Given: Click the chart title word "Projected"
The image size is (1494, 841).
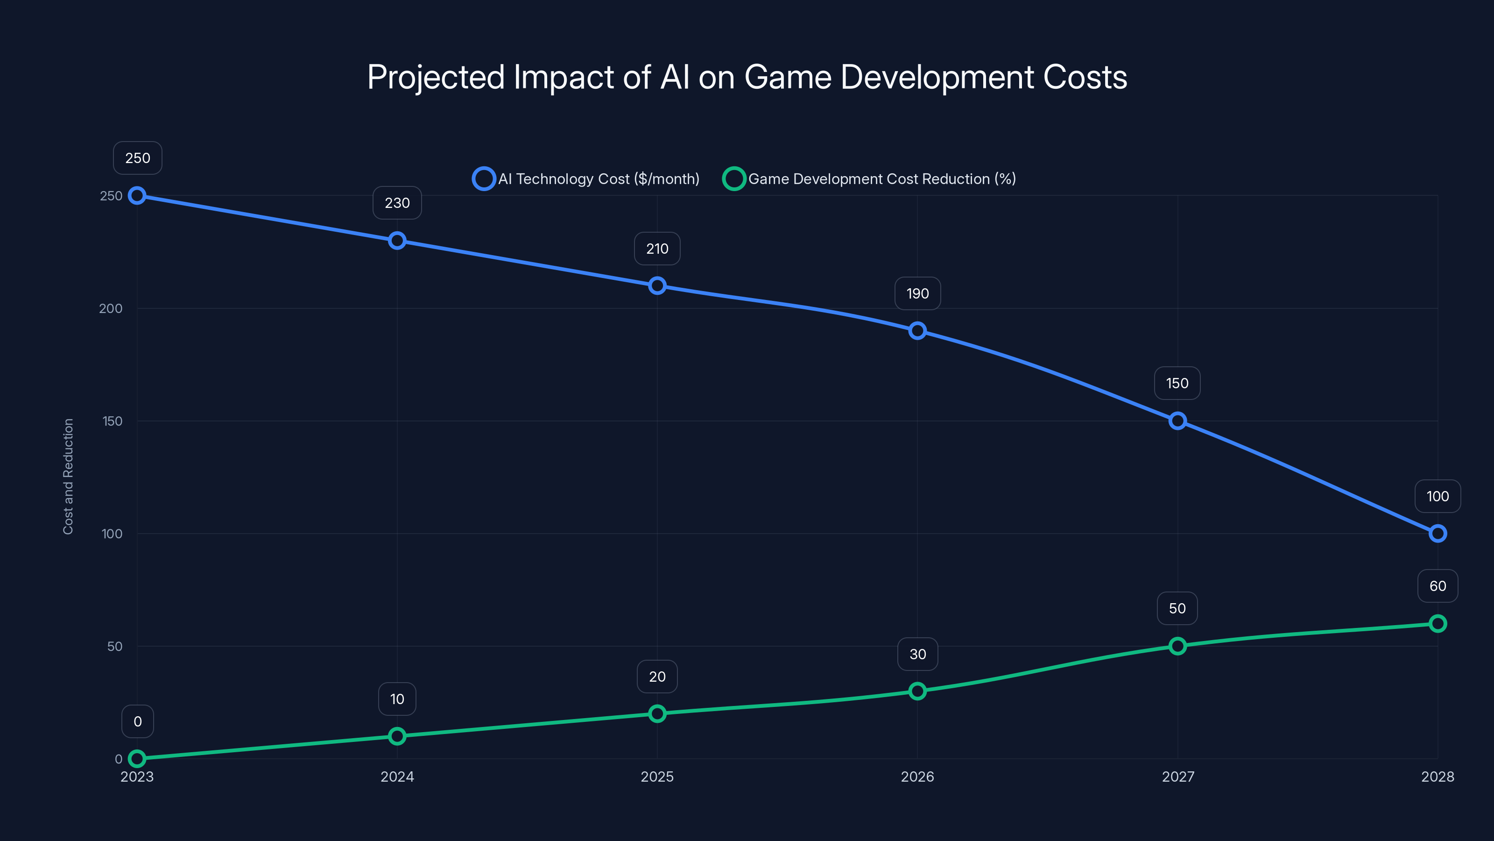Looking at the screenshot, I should (436, 78).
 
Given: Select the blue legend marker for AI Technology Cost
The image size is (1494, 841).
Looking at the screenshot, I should (484, 179).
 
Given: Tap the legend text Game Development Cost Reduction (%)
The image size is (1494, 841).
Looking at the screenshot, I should (881, 179).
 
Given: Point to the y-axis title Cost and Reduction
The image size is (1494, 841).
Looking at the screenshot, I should (69, 476).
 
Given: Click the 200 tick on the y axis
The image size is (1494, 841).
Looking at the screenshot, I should (111, 308).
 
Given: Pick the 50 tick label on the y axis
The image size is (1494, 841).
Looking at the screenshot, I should (115, 646).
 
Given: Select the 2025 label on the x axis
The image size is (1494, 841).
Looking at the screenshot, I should (657, 777).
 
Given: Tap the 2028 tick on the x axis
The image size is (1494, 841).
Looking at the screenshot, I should (1437, 777).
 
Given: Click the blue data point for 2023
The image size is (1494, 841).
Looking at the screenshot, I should (137, 196).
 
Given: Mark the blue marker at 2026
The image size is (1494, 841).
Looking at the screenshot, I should (917, 331).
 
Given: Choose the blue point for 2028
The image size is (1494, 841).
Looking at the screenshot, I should (1437, 534).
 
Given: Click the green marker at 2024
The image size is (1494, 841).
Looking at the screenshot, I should (397, 736).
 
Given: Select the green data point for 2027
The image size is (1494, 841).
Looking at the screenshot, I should (1177, 646).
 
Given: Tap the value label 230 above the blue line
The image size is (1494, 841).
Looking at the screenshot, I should (397, 203).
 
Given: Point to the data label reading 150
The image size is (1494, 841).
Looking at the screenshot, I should (1177, 383).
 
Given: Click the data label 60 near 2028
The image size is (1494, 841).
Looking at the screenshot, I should (1437, 586).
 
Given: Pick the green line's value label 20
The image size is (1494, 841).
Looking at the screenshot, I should (657, 677).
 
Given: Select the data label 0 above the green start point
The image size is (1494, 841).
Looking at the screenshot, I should (137, 721).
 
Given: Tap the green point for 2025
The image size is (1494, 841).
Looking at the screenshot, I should (657, 713).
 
